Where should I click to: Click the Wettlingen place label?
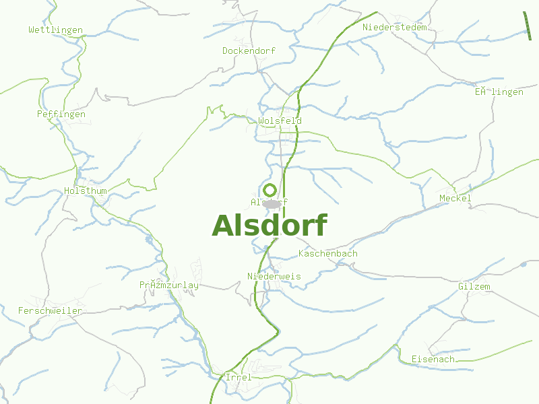click(x=55, y=30)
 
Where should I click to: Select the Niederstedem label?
click(x=394, y=28)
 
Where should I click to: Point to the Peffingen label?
click(x=61, y=114)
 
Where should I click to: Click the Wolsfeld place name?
click(x=280, y=121)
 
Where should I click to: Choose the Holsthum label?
click(x=85, y=191)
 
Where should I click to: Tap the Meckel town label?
click(x=455, y=198)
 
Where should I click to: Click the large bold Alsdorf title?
click(x=269, y=226)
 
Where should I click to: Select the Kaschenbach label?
click(x=327, y=254)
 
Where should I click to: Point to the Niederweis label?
click(x=274, y=277)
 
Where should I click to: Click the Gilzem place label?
click(x=474, y=287)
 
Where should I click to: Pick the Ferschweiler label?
click(x=50, y=311)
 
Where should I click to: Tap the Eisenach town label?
click(x=433, y=360)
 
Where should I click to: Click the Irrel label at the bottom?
click(x=238, y=378)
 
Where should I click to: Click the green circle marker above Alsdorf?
click(x=269, y=189)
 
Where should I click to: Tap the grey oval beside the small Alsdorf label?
click(x=272, y=203)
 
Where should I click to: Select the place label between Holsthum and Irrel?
click(x=168, y=285)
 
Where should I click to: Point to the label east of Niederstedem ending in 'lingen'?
click(x=498, y=92)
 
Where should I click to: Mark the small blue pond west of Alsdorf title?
click(x=148, y=238)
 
